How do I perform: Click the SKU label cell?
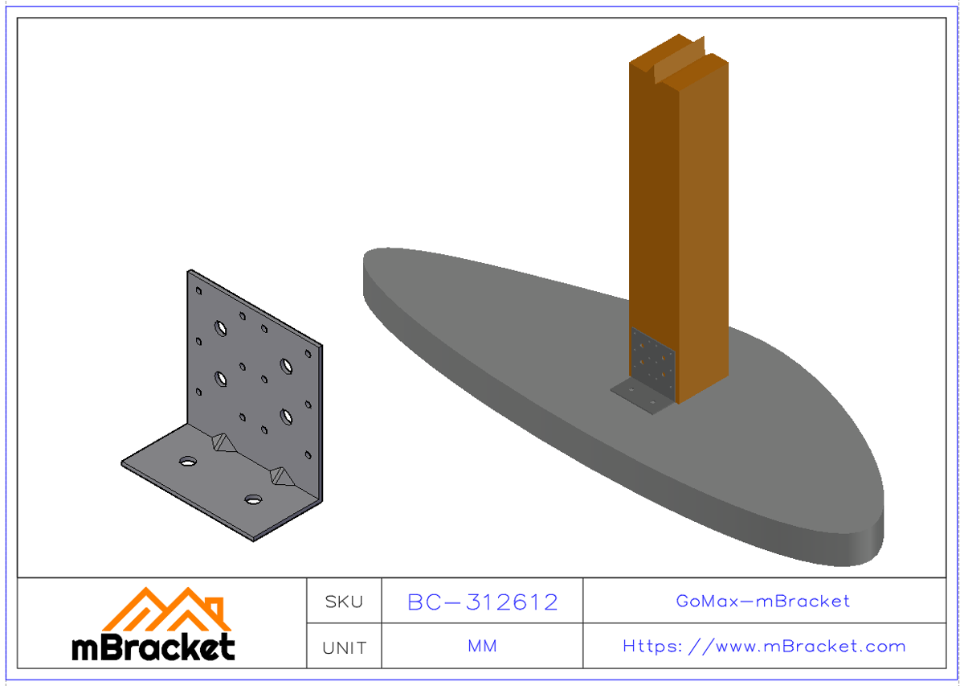pyautogui.click(x=344, y=602)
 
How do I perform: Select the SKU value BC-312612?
pyautogui.click(x=482, y=602)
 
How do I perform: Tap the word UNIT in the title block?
pyautogui.click(x=344, y=647)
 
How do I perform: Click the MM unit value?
pyautogui.click(x=482, y=647)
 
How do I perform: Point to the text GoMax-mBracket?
pyautogui.click(x=763, y=601)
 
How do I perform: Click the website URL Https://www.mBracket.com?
pyautogui.click(x=763, y=647)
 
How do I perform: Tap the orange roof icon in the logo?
pyautogui.click(x=166, y=611)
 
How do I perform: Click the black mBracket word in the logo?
pyautogui.click(x=153, y=647)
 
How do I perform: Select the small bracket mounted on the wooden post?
pyautogui.click(x=652, y=362)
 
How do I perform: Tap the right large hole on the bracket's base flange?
pyautogui.click(x=254, y=499)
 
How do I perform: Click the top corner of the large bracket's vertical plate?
pyautogui.click(x=190, y=272)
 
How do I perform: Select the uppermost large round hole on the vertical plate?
pyautogui.click(x=220, y=327)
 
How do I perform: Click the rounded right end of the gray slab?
pyautogui.click(x=880, y=515)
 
